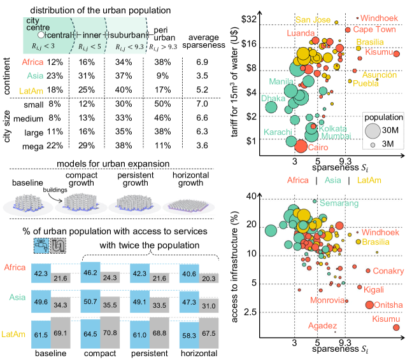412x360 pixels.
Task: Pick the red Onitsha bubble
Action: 369,305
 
